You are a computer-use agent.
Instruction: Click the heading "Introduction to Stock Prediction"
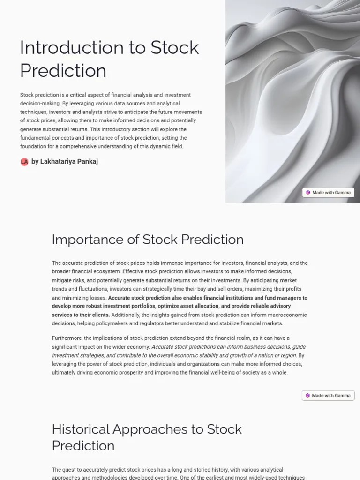coord(109,59)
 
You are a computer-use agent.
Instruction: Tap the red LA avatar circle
coord(24,162)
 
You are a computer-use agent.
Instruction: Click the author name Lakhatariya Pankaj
coord(69,162)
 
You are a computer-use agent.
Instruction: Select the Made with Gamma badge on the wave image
coord(328,192)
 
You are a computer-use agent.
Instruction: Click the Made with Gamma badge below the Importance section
coord(328,395)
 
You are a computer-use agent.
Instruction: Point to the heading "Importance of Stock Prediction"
coord(148,240)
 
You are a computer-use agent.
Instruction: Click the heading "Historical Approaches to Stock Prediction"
coord(147,437)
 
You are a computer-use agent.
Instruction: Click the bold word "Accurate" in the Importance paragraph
coord(120,298)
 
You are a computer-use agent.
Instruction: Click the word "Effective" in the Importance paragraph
coord(133,272)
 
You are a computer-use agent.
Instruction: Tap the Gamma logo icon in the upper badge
coord(308,192)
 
